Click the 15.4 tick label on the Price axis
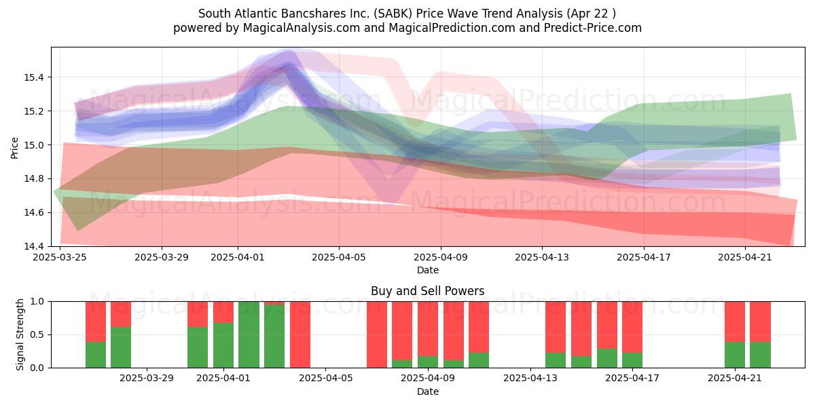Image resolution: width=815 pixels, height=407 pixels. (x=34, y=77)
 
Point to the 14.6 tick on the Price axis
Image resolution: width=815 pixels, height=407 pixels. (x=34, y=212)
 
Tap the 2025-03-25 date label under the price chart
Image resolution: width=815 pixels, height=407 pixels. (x=60, y=257)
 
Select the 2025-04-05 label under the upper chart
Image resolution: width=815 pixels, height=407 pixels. (x=339, y=257)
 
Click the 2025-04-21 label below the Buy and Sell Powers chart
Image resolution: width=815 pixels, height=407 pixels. (x=735, y=379)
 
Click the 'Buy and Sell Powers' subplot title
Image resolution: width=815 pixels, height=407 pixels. (x=427, y=291)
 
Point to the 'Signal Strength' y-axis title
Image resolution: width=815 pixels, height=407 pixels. (x=20, y=334)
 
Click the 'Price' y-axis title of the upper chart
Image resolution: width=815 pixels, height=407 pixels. (x=14, y=148)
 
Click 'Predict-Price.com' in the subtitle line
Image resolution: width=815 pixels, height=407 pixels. (x=593, y=28)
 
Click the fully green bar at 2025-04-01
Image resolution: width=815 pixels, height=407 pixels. (x=249, y=334)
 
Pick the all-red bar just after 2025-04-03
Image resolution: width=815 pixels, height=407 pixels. (x=300, y=334)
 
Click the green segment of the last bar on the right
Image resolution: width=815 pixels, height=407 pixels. (x=760, y=355)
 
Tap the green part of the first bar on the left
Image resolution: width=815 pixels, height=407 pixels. (x=96, y=355)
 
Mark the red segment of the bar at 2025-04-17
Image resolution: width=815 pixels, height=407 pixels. (x=632, y=327)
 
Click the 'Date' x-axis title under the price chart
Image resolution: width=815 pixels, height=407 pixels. (x=427, y=270)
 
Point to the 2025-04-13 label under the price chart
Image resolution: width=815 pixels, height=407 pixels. (x=542, y=257)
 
